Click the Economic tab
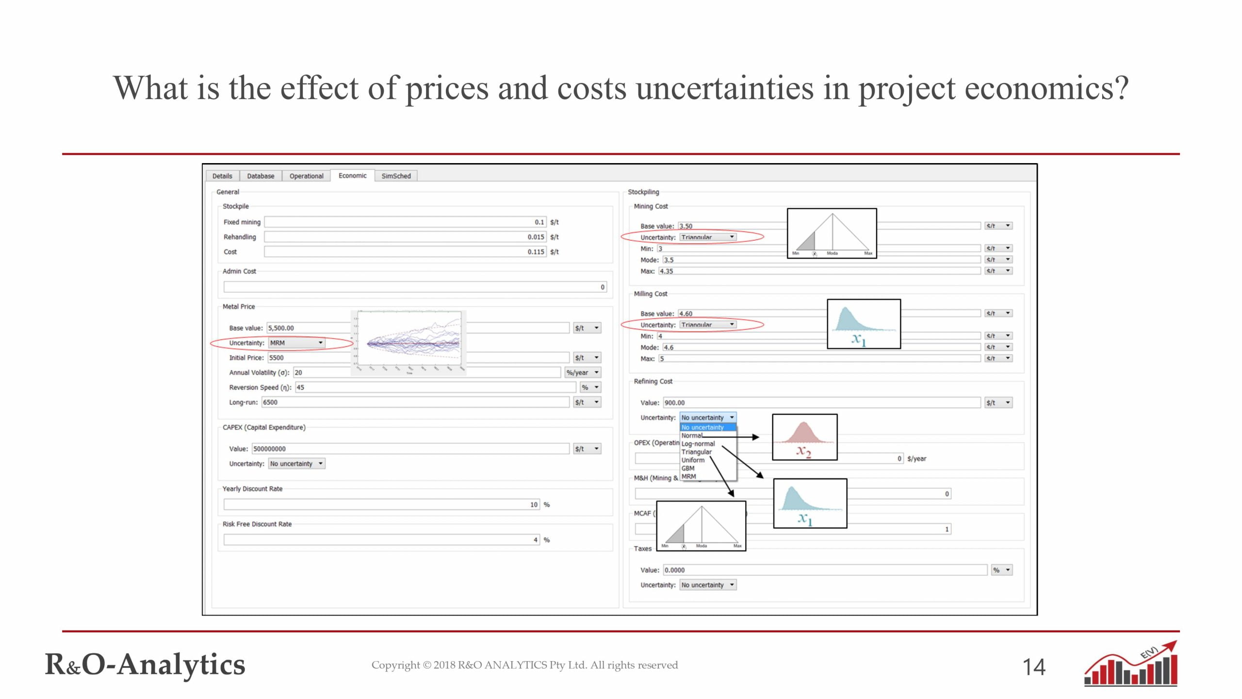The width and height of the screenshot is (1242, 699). [352, 176]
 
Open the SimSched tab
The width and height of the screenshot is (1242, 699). [396, 176]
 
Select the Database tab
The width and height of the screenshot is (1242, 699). [261, 176]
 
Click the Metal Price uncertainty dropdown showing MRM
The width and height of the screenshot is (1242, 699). [296, 343]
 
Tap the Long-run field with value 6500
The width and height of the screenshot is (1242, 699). [415, 402]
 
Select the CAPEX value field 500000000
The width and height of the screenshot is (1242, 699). [410, 449]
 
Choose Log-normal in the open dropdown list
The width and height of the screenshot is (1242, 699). [698, 444]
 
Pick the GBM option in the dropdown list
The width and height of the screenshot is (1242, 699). [688, 468]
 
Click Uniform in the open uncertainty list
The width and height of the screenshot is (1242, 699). [693, 460]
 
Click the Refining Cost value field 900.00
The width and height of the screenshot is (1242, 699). [821, 403]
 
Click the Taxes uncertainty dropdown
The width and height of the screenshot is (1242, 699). [707, 585]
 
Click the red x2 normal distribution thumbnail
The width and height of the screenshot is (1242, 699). [804, 437]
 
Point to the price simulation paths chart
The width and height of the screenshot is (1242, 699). [409, 343]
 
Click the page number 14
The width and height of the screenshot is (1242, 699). [1034, 667]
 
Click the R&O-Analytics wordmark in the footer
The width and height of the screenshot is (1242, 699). [145, 665]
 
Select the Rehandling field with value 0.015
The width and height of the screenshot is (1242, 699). [405, 237]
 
